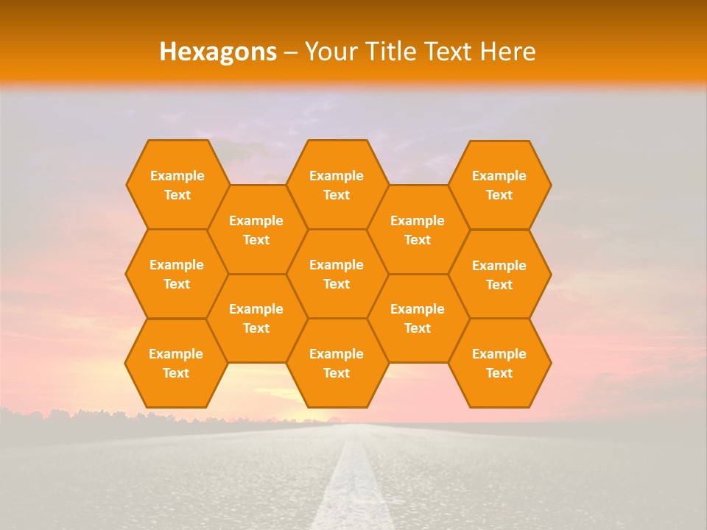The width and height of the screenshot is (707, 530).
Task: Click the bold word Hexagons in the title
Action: click(x=218, y=52)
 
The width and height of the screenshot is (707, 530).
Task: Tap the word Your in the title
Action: click(x=329, y=52)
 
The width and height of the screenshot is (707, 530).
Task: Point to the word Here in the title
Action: click(x=508, y=52)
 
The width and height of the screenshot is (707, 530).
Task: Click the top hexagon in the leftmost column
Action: click(x=177, y=185)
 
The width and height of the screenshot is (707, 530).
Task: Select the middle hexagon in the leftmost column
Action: click(x=177, y=274)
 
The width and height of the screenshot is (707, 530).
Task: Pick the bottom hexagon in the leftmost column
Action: click(x=176, y=363)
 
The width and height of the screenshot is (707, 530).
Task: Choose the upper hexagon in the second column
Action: click(x=256, y=230)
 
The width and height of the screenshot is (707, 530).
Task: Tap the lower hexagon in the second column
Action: click(x=256, y=318)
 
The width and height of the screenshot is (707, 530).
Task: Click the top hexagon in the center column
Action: click(x=337, y=185)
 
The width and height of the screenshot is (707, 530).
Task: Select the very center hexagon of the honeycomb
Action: click(x=337, y=274)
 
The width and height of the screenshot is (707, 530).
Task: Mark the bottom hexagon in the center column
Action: click(x=337, y=363)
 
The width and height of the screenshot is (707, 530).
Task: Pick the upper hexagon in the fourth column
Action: click(x=418, y=230)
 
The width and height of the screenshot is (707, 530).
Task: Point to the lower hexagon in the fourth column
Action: click(x=418, y=318)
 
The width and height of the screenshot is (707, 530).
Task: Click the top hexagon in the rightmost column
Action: click(x=499, y=185)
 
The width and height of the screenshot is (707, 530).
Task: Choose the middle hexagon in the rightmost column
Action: click(x=499, y=275)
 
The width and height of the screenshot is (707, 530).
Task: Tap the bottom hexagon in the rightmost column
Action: click(x=499, y=363)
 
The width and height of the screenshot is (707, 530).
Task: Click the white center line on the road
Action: click(x=352, y=486)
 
